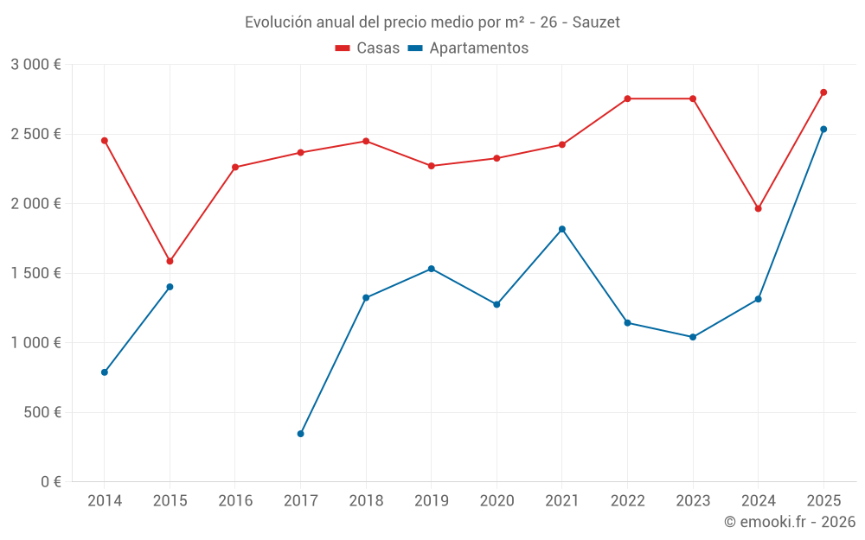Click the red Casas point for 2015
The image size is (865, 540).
click(170, 261)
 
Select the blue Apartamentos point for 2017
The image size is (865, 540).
click(300, 434)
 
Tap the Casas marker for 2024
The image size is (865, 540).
click(758, 208)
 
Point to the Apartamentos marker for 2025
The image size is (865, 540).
click(823, 130)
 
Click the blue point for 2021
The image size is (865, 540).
click(562, 229)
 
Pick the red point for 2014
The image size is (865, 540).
click(105, 140)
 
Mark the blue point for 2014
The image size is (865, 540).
click(105, 372)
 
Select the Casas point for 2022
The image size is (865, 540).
click(627, 98)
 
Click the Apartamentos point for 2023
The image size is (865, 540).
click(693, 337)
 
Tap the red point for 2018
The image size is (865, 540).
click(366, 141)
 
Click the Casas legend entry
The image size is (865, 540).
click(368, 48)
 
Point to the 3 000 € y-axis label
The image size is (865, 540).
click(35, 65)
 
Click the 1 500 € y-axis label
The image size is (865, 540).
click(35, 273)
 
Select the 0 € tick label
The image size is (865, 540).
click(49, 482)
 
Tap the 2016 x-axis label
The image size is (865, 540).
click(235, 501)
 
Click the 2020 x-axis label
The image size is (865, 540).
click(497, 501)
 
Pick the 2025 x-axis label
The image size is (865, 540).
click(823, 501)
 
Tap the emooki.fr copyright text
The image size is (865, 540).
click(789, 522)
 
